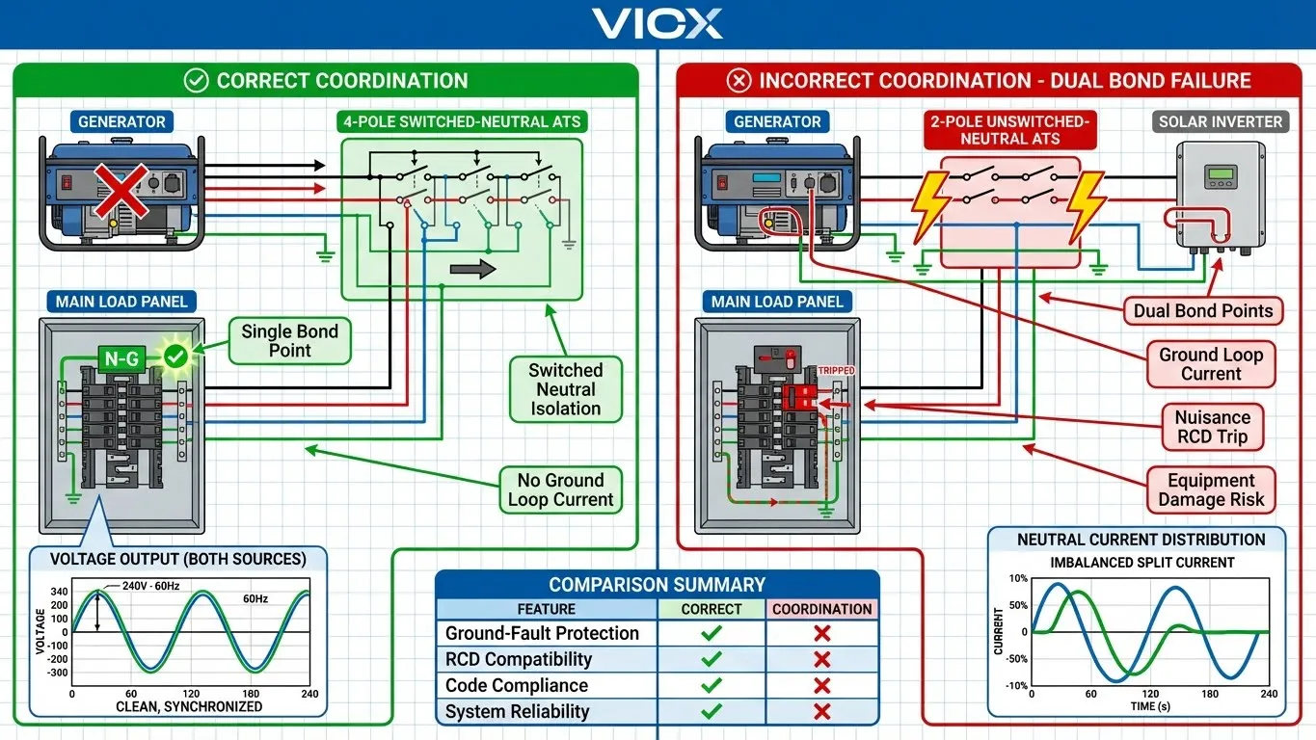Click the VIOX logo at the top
[x=658, y=23]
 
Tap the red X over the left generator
[x=121, y=190]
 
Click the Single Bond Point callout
[x=289, y=341]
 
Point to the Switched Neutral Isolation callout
[x=565, y=389]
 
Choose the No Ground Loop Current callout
[x=560, y=489]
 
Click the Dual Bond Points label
[x=1203, y=310]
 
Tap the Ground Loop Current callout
[x=1211, y=364]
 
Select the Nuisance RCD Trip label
[x=1212, y=427]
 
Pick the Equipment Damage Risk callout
[x=1211, y=489]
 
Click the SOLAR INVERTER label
[x=1221, y=122]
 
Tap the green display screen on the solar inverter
[x=1221, y=175]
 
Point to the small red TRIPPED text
[x=835, y=371]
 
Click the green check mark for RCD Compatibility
[x=712, y=659]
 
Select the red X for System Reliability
[x=822, y=711]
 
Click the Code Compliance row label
[x=517, y=685]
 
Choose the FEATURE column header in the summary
[x=546, y=609]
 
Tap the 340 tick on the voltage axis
[x=59, y=592]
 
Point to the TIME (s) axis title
[x=1150, y=706]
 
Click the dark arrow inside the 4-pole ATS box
[x=473, y=269]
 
